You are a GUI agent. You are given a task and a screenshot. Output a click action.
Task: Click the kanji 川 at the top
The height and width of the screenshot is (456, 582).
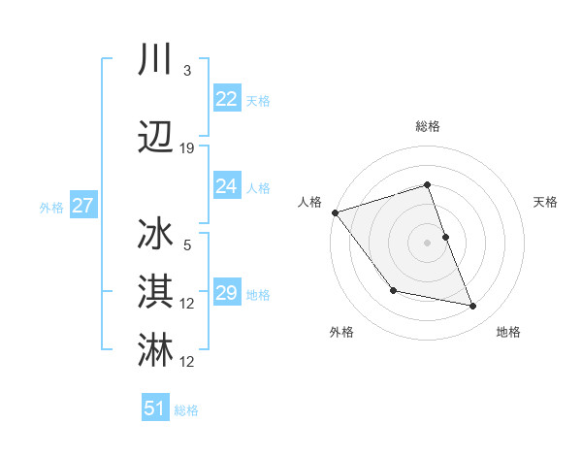coord(156,59)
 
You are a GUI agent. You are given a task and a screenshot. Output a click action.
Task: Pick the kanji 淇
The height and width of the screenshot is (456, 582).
coord(156,292)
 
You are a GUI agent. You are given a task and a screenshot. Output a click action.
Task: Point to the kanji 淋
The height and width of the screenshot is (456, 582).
coord(156,350)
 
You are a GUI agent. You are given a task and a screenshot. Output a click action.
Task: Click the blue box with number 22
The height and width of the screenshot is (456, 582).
coord(226,99)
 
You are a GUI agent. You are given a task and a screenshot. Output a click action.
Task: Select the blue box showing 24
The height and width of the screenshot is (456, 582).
coord(226,186)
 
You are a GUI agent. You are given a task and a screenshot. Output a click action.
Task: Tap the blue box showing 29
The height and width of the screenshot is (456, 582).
coord(226,293)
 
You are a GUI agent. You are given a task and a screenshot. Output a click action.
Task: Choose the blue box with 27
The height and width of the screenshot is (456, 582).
coord(82,206)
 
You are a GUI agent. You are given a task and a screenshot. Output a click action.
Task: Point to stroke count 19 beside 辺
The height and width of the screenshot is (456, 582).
coord(187,148)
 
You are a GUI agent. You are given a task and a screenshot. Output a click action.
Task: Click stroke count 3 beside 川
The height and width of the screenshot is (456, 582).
coord(186,71)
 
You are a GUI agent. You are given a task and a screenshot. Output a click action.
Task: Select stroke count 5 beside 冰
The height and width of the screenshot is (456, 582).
coord(186,245)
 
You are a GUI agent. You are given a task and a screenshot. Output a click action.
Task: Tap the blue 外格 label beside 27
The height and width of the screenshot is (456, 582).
coord(51,207)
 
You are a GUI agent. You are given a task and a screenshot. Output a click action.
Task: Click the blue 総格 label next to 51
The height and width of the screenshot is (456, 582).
coord(186,410)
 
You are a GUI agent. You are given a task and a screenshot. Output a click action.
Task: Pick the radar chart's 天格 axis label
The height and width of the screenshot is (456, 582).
coord(546,202)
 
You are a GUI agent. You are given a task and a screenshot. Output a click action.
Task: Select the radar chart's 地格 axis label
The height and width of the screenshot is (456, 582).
coord(508,333)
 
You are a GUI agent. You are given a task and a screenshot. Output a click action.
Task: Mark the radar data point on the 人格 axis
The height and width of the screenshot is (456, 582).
coord(335,212)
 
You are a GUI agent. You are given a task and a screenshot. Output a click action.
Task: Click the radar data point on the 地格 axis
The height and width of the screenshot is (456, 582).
coord(473,307)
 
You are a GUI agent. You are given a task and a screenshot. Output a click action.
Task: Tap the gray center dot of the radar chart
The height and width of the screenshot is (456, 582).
coord(427,242)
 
